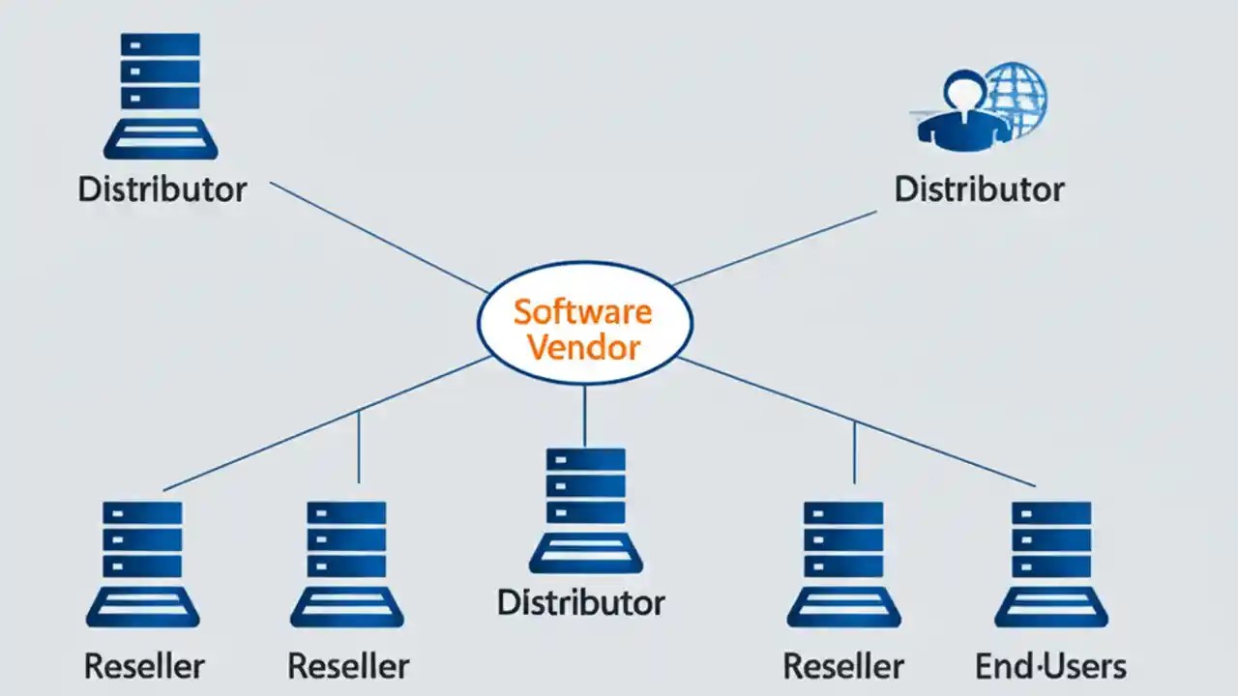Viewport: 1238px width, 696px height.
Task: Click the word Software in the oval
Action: tap(583, 312)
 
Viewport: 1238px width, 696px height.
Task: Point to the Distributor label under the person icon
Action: tap(979, 188)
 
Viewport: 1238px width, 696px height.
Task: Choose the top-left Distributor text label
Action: tap(162, 188)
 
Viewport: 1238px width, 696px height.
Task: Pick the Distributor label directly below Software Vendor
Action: tap(581, 602)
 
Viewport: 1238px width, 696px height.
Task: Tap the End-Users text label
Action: tap(1050, 666)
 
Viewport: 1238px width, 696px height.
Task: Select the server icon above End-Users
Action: tap(1051, 564)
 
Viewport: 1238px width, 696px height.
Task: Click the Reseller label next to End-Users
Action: tap(843, 666)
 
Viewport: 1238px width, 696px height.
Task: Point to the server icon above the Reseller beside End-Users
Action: tap(843, 564)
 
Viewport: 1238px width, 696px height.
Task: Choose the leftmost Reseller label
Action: tap(144, 666)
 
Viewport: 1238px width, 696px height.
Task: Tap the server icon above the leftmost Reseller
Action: tap(142, 564)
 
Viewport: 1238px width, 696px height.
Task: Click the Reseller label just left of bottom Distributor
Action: tap(348, 666)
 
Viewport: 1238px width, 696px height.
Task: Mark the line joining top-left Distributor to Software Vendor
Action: tap(377, 236)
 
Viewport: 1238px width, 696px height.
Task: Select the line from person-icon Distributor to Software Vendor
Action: tap(774, 247)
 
